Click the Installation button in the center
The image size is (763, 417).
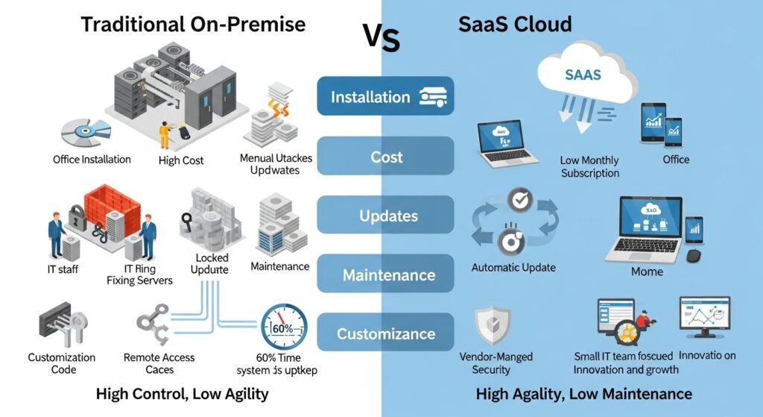click(385, 97)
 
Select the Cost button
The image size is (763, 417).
click(385, 157)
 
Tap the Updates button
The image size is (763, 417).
click(385, 216)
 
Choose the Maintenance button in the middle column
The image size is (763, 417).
click(385, 275)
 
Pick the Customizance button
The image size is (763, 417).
click(385, 333)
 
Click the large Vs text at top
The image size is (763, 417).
click(381, 37)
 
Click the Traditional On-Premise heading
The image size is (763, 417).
click(193, 24)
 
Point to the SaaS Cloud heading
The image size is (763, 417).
click(515, 24)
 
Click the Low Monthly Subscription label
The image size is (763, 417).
click(589, 166)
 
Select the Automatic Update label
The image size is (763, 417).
click(513, 267)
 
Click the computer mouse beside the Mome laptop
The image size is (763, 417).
click(693, 256)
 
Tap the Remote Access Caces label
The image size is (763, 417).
click(159, 363)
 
